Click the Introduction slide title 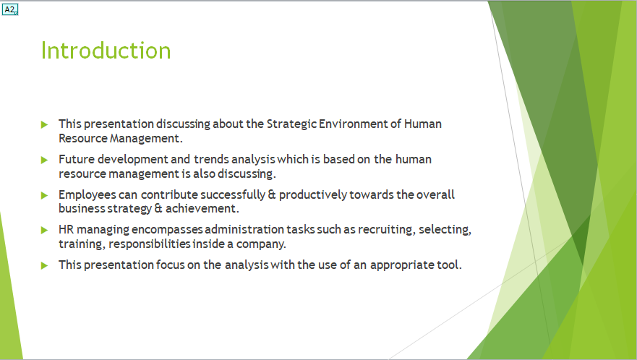pos(106,51)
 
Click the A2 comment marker pos(10,9)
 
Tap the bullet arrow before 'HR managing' pos(45,230)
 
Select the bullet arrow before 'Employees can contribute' pos(45,195)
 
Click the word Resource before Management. pos(82,137)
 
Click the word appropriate pos(402,265)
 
